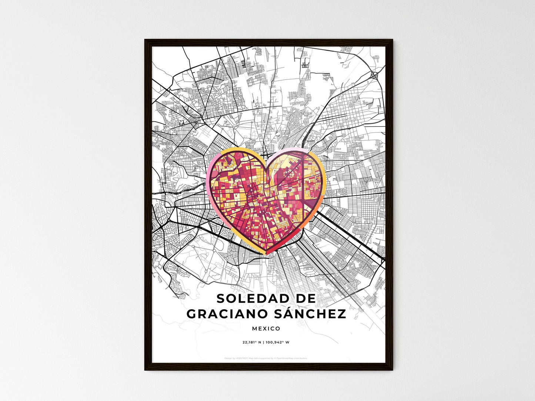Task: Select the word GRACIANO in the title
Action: coord(227,314)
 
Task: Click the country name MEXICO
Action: coord(266,328)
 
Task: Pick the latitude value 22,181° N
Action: coord(252,343)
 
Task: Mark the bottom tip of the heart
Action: coord(267,254)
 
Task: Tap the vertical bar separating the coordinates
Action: coord(264,343)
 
